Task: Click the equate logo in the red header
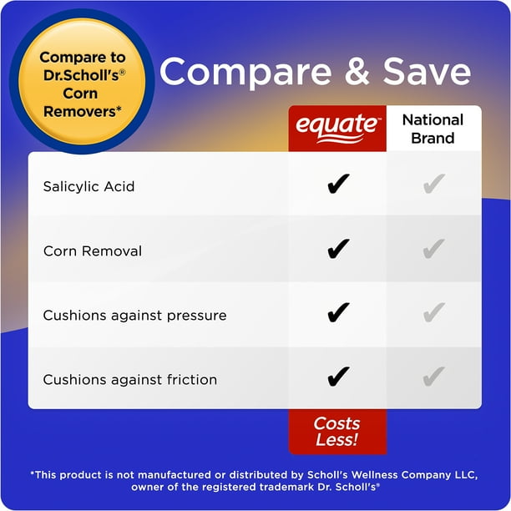[337, 128]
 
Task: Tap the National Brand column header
[433, 128]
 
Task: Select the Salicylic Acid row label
[89, 186]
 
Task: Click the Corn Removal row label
[93, 250]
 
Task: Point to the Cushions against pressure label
[134, 316]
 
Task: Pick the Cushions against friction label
[129, 379]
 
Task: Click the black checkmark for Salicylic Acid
[337, 185]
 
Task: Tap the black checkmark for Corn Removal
[337, 249]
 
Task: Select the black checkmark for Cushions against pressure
[337, 313]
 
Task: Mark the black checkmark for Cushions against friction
[337, 377]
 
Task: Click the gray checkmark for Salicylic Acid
[433, 185]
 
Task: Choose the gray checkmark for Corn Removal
[433, 249]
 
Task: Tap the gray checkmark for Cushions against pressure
[433, 313]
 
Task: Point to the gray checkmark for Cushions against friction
[433, 377]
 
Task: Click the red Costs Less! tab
[337, 432]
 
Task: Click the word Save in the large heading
[427, 73]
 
